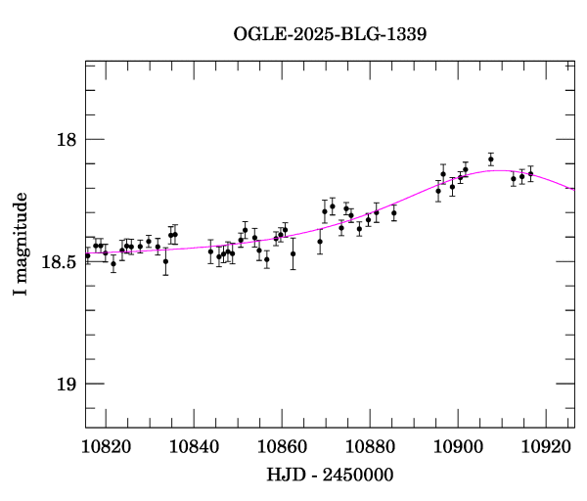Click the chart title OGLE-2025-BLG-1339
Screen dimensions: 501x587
click(330, 33)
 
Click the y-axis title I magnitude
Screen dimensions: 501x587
click(21, 245)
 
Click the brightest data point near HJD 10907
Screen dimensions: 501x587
click(491, 159)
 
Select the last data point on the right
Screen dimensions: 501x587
click(530, 174)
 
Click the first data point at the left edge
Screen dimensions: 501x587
click(87, 255)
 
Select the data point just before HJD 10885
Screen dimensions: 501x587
click(394, 213)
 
